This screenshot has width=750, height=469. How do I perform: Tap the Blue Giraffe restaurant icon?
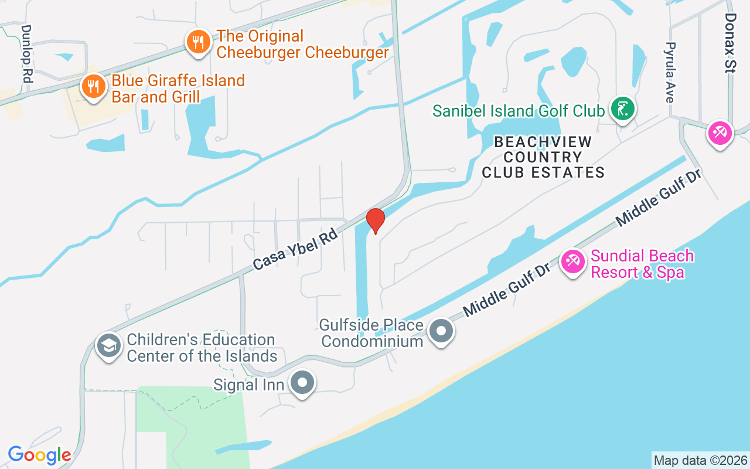(x=93, y=87)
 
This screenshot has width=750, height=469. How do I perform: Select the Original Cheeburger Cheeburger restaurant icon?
(x=199, y=42)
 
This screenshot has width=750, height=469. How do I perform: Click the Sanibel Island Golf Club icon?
(x=623, y=109)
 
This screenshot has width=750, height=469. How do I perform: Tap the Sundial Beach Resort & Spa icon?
(x=572, y=261)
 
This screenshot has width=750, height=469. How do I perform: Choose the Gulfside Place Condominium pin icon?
(x=442, y=332)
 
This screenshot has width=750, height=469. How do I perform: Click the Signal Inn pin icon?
(x=303, y=383)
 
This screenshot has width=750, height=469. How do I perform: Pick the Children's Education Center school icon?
(x=108, y=346)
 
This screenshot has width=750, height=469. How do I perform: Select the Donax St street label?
(x=729, y=43)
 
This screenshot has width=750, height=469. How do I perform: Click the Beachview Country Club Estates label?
(x=543, y=157)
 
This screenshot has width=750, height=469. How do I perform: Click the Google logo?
(x=39, y=455)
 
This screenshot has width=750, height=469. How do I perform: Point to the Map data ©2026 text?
(x=700, y=460)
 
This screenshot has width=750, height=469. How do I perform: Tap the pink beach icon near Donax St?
(x=719, y=132)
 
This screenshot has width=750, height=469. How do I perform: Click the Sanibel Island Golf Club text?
(x=518, y=110)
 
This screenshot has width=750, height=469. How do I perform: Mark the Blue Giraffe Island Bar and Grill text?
(x=178, y=89)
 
